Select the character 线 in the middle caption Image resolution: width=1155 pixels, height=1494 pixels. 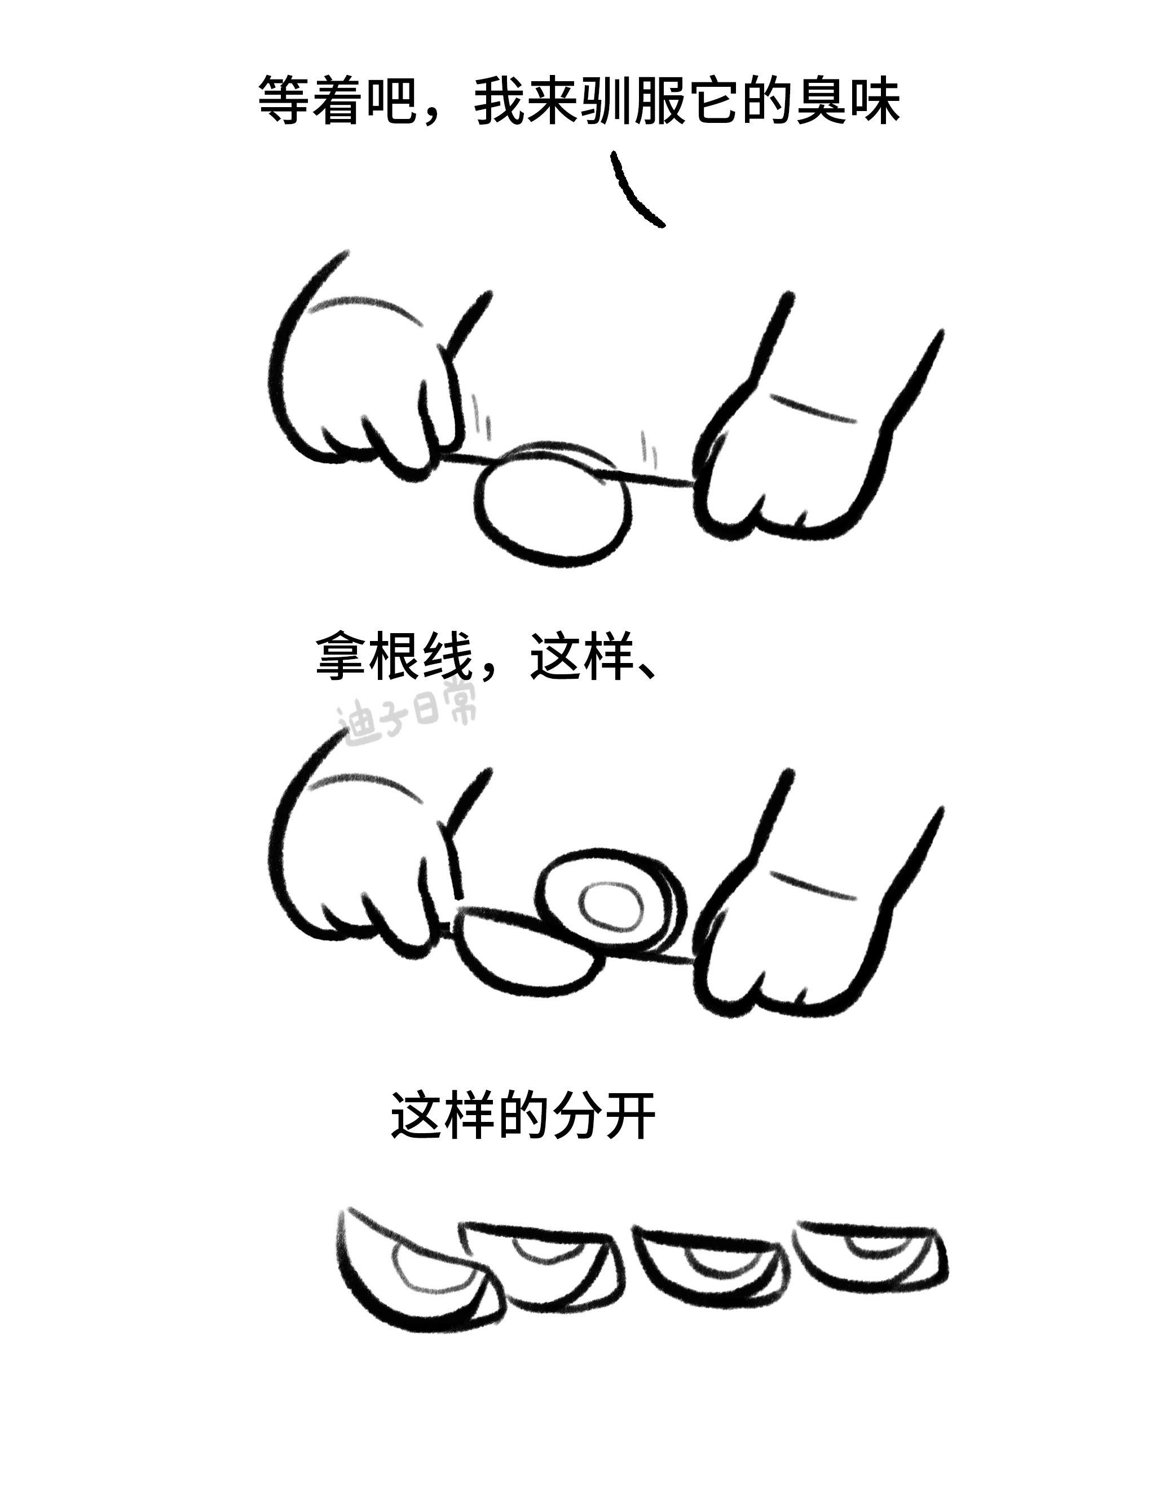coord(447,657)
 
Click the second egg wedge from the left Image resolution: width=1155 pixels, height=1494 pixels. coord(544,1266)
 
